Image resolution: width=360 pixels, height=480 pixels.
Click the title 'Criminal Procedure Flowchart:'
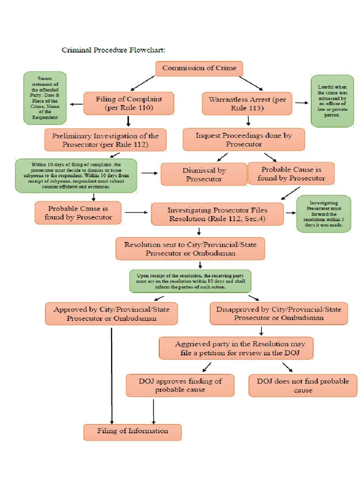pyautogui.click(x=113, y=50)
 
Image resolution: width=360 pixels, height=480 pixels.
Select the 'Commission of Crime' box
pyautogui.click(x=199, y=68)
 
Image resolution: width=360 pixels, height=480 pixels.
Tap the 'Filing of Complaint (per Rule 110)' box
pyautogui.click(x=128, y=103)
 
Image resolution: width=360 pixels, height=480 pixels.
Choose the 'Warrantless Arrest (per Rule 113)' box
pyautogui.click(x=247, y=104)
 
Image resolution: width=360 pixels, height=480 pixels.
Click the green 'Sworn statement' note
pyautogui.click(x=45, y=97)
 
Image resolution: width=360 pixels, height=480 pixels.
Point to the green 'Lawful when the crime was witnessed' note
pyautogui.click(x=332, y=100)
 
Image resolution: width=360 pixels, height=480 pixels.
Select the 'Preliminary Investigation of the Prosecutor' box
pyautogui.click(x=105, y=140)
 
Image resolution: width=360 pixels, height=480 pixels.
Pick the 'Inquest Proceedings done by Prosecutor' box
pyautogui.click(x=244, y=140)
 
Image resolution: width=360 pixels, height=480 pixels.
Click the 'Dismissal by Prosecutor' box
pyautogui.click(x=203, y=174)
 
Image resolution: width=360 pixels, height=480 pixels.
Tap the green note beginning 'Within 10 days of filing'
pyautogui.click(x=76, y=175)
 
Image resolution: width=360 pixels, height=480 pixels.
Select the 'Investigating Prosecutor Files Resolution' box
pyautogui.click(x=217, y=214)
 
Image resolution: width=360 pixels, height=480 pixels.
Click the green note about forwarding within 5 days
pyautogui.click(x=323, y=214)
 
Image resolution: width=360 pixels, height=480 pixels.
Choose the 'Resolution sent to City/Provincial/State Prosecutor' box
pyautogui.click(x=190, y=249)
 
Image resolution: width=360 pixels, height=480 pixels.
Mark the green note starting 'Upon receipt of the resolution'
pyautogui.click(x=190, y=281)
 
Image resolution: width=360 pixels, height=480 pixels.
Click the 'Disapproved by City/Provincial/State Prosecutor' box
pyautogui.click(x=278, y=314)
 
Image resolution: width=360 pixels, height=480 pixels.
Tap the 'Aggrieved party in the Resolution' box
pyautogui.click(x=236, y=348)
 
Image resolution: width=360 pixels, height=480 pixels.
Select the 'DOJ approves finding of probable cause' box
pyautogui.click(x=180, y=385)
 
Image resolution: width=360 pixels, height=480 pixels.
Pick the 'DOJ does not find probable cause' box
pyautogui.click(x=302, y=385)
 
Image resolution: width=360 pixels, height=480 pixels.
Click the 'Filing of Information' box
pyautogui.click(x=133, y=431)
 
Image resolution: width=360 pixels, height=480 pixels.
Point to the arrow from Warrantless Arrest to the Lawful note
pyautogui.click(x=302, y=103)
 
